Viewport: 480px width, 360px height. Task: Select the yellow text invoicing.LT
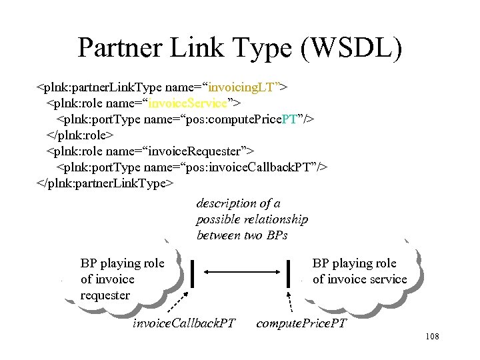click(x=245, y=87)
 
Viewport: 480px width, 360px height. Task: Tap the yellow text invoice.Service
click(x=189, y=103)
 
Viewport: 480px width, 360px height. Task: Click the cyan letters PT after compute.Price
click(x=289, y=119)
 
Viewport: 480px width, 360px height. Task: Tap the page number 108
click(x=431, y=337)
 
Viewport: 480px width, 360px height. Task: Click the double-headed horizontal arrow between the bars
click(x=241, y=272)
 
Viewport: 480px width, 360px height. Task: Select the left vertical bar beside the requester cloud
click(x=193, y=273)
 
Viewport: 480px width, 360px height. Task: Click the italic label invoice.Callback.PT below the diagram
click(x=184, y=324)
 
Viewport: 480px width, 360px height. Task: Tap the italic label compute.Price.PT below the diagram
click(x=301, y=324)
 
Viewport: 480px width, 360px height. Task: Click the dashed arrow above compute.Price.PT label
click(x=291, y=305)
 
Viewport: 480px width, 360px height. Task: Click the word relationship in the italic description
click(x=274, y=219)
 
